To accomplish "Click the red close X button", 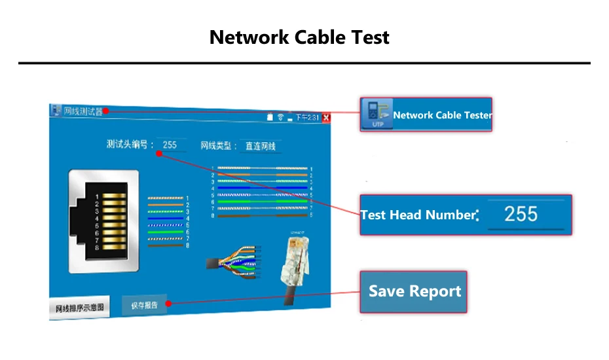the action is (x=326, y=118).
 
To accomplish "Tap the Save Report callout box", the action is (x=414, y=292).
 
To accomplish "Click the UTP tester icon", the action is (x=377, y=114).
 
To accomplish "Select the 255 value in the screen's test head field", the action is (x=170, y=145).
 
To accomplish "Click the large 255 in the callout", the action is (x=521, y=213).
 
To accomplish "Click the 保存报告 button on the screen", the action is (x=144, y=305).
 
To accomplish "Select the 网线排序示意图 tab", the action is (x=79, y=308).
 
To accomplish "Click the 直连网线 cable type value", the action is (x=261, y=146).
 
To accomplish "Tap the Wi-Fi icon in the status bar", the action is (x=280, y=117).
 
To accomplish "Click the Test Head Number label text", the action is (x=417, y=215).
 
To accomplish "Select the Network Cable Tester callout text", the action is (x=442, y=115).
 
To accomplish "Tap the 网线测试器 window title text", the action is (x=83, y=111).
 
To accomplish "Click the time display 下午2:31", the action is (x=307, y=118).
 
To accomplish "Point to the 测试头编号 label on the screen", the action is (x=130, y=145).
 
